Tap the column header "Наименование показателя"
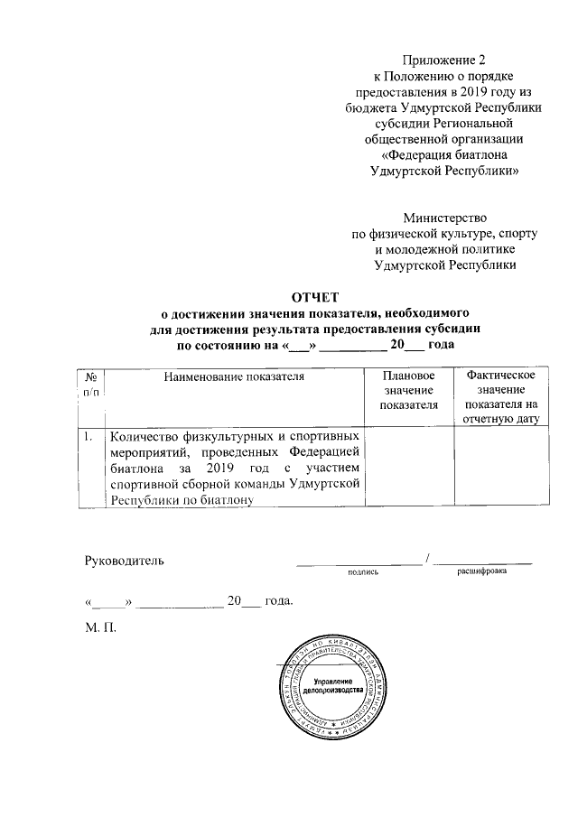[x=234, y=375]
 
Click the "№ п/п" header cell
[x=92, y=383]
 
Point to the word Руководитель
[x=124, y=561]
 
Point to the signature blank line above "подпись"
[x=359, y=562]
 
